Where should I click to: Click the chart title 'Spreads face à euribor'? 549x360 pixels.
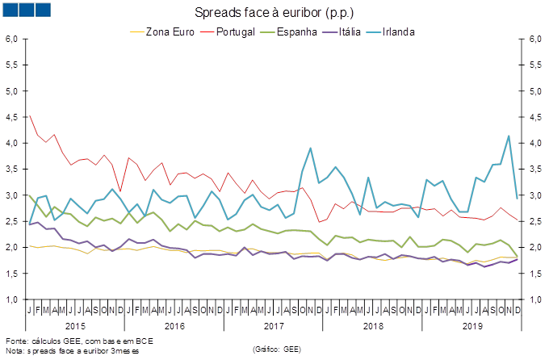(x=274, y=13)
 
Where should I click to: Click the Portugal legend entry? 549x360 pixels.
(x=233, y=32)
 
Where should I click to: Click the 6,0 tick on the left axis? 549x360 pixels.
(x=12, y=39)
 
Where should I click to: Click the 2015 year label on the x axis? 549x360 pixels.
(x=75, y=326)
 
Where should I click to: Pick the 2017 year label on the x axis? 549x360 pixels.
(x=274, y=326)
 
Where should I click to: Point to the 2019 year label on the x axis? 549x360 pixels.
(x=472, y=326)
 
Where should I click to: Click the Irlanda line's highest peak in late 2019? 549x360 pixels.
(x=509, y=136)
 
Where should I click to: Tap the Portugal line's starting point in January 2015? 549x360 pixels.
(x=30, y=115)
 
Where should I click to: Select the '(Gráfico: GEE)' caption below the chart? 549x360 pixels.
(x=278, y=349)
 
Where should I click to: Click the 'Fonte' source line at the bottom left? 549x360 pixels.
(x=78, y=341)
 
